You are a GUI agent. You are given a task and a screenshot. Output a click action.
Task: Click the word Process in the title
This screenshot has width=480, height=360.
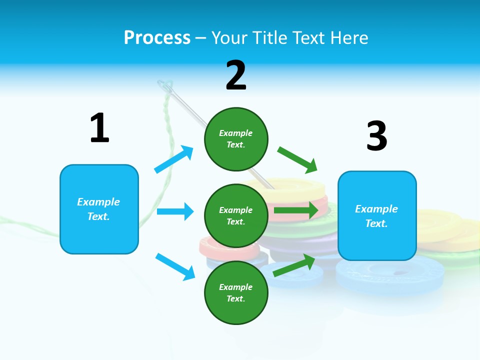(x=157, y=37)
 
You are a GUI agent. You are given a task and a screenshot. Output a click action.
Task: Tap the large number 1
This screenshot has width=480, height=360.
(x=99, y=128)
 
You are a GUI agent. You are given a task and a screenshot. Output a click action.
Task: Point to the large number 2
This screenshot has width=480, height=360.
(x=236, y=75)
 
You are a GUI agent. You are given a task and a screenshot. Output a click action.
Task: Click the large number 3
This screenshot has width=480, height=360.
(x=376, y=136)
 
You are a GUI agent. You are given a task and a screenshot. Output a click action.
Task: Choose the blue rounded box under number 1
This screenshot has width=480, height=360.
(x=99, y=209)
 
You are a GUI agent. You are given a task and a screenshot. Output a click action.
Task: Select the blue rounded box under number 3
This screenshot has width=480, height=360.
(x=377, y=216)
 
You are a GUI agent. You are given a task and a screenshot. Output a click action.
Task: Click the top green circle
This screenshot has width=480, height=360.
(x=236, y=139)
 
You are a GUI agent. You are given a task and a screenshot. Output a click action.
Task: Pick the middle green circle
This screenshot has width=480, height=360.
(x=236, y=216)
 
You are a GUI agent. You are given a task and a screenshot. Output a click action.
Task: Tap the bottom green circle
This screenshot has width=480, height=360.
(x=236, y=293)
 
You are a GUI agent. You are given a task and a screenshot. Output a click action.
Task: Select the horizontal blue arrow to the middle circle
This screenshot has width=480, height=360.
(x=175, y=211)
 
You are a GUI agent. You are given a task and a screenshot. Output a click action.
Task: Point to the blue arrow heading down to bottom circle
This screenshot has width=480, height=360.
(x=175, y=266)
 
